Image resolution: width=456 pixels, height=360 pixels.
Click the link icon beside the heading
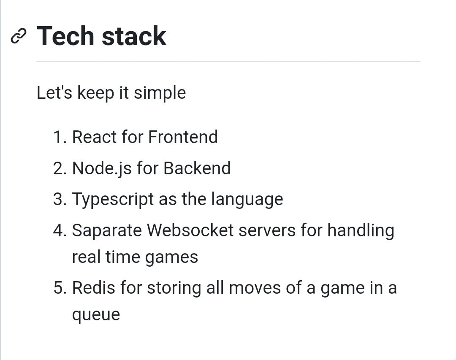(x=18, y=36)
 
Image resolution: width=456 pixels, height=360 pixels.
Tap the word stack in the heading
(x=134, y=36)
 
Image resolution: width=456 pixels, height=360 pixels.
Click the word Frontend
(x=183, y=137)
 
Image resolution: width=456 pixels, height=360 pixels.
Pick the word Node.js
(x=102, y=169)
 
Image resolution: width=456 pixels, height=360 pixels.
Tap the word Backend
(x=197, y=168)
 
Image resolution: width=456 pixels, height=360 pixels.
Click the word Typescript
(x=113, y=200)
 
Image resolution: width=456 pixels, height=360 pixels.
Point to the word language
(x=247, y=200)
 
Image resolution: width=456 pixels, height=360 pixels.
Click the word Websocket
(x=190, y=230)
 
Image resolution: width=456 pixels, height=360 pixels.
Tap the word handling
(x=361, y=231)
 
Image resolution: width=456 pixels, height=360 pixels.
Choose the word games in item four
(x=171, y=258)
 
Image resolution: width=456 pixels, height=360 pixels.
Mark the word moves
(x=255, y=288)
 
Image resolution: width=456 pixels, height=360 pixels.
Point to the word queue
(x=96, y=315)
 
